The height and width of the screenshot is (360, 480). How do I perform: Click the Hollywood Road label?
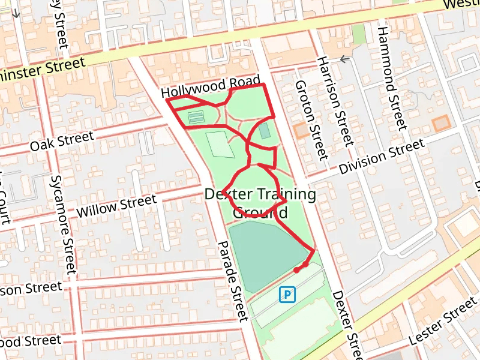tap(211, 88)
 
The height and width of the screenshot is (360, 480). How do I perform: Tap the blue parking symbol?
tap(288, 294)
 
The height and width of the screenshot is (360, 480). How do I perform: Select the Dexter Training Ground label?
tap(260, 203)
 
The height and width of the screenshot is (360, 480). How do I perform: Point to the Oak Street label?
tap(62, 142)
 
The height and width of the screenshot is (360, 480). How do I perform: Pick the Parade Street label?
tap(232, 280)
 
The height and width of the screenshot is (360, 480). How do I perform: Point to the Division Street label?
tap(382, 156)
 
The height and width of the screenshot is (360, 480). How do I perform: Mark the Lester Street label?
tap(442, 323)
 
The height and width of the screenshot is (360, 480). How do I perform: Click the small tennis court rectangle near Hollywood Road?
tap(196, 118)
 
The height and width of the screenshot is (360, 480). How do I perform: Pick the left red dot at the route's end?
tap(296, 270)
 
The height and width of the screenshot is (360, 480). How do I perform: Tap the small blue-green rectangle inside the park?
tap(265, 130)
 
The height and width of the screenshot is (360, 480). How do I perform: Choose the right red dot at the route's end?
tap(305, 264)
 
